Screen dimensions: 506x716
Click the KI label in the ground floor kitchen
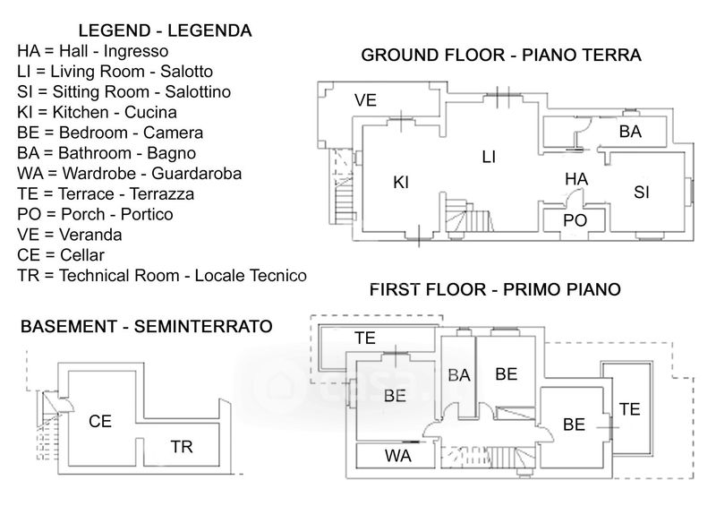click(401, 183)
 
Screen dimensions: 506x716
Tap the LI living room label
click(489, 157)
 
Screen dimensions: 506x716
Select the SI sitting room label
click(642, 193)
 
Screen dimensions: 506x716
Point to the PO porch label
click(574, 220)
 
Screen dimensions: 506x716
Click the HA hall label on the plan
click(575, 179)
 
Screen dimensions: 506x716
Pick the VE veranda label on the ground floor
click(365, 100)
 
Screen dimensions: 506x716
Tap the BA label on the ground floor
click(630, 132)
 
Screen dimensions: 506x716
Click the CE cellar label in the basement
click(100, 420)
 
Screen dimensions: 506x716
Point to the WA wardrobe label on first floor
click(398, 456)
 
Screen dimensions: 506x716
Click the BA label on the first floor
click(459, 376)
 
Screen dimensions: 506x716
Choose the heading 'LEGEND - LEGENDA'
click(165, 30)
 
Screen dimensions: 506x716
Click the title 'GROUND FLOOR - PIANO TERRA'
click(501, 56)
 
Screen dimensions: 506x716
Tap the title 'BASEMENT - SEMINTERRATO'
click(146, 327)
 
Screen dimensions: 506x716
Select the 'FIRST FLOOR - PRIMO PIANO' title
click(495, 290)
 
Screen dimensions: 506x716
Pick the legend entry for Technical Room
click(161, 276)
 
